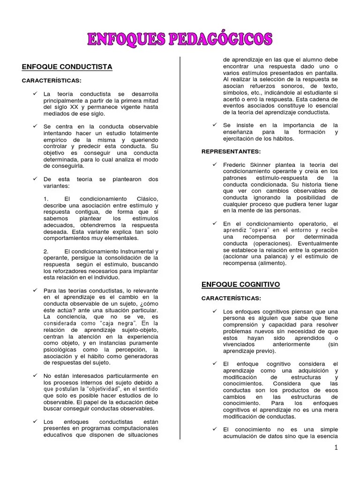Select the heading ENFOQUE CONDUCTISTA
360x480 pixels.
67,67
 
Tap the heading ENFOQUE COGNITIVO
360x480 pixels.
240,285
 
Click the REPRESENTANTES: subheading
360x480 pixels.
231,152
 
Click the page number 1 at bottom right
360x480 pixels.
336,447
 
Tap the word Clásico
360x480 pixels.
145,199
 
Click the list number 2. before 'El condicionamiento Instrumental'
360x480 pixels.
45,252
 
